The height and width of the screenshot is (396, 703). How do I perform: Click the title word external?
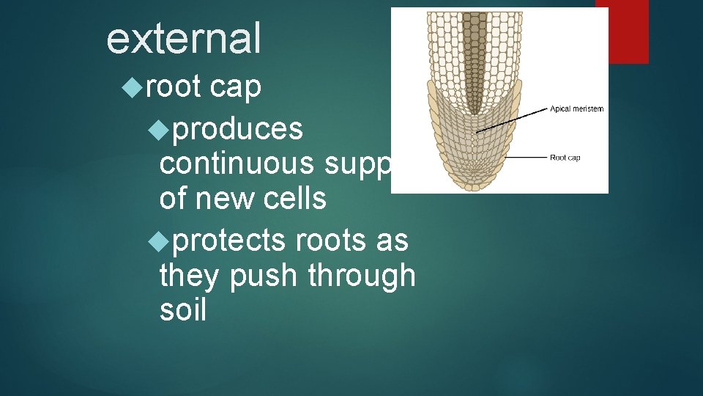pos(183,38)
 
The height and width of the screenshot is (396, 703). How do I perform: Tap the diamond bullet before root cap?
pos(132,88)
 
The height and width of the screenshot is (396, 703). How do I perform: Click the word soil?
pos(182,310)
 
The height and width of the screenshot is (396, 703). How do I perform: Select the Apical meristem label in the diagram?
pos(576,109)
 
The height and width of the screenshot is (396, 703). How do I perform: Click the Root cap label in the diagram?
pos(565,158)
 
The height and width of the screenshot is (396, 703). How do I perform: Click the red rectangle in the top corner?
pos(622,32)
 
